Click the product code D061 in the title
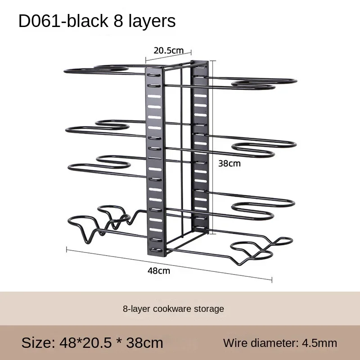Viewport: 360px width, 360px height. pyautogui.click(x=40, y=21)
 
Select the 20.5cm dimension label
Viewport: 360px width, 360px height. pyautogui.click(x=168, y=50)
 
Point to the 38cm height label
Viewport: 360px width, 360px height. pyautogui.click(x=229, y=163)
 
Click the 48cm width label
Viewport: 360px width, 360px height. pyautogui.click(x=159, y=271)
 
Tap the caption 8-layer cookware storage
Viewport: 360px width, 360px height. pyautogui.click(x=173, y=309)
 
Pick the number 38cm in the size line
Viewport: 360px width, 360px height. pyautogui.click(x=144, y=343)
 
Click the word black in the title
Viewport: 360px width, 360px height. pyautogui.click(x=87, y=21)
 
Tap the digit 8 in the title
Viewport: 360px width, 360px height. pyautogui.click(x=118, y=21)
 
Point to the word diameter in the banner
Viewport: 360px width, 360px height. pyautogui.click(x=274, y=343)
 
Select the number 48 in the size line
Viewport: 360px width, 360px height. pyautogui.click(x=67, y=343)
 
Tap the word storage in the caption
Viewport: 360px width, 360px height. pyautogui.click(x=209, y=309)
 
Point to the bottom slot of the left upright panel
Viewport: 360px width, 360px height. pyautogui.click(x=156, y=250)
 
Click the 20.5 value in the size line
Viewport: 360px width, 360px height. pyautogui.click(x=97, y=343)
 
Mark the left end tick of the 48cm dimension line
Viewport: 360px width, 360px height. pyautogui.click(x=67, y=249)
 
